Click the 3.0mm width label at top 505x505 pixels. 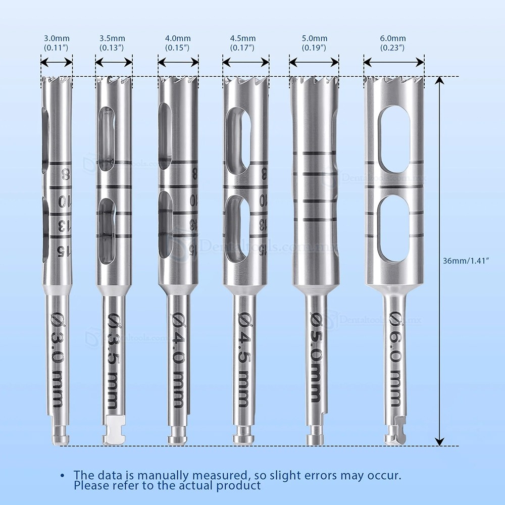[x=56, y=43]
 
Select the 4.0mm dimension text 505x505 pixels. [x=178, y=43]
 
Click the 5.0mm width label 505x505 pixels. [x=314, y=43]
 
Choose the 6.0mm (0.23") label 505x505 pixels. [x=394, y=43]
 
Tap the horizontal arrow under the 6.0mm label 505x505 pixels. [x=394, y=62]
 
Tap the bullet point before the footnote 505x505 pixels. [x=63, y=476]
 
